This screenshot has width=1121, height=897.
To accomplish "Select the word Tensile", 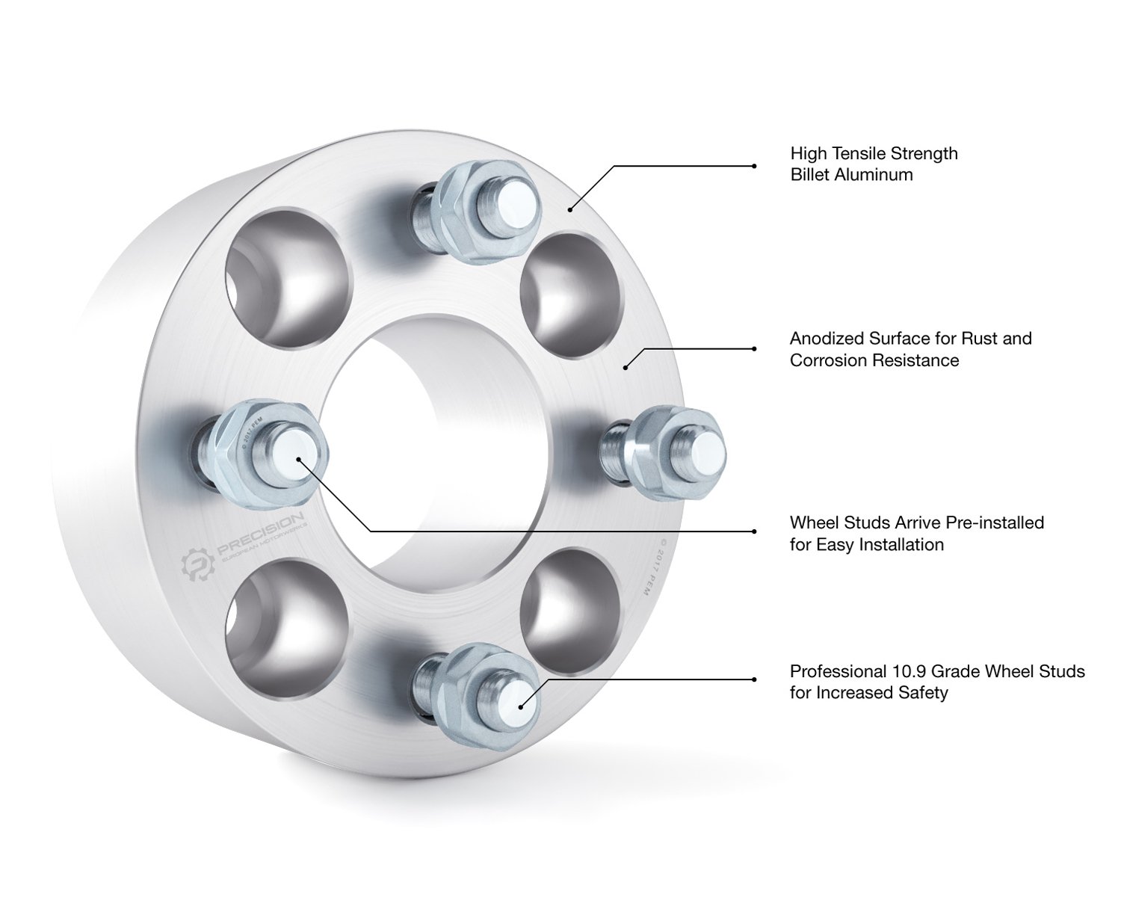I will point(862,154).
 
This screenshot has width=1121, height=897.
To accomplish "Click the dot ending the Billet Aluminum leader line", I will point(570,209).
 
